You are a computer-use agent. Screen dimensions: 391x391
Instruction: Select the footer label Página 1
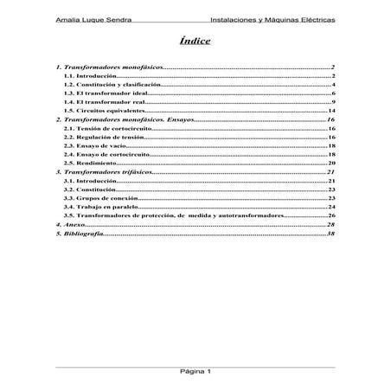(195, 370)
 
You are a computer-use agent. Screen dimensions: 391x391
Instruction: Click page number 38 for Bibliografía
(330, 233)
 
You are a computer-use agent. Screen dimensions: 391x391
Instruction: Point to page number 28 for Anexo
(330, 224)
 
